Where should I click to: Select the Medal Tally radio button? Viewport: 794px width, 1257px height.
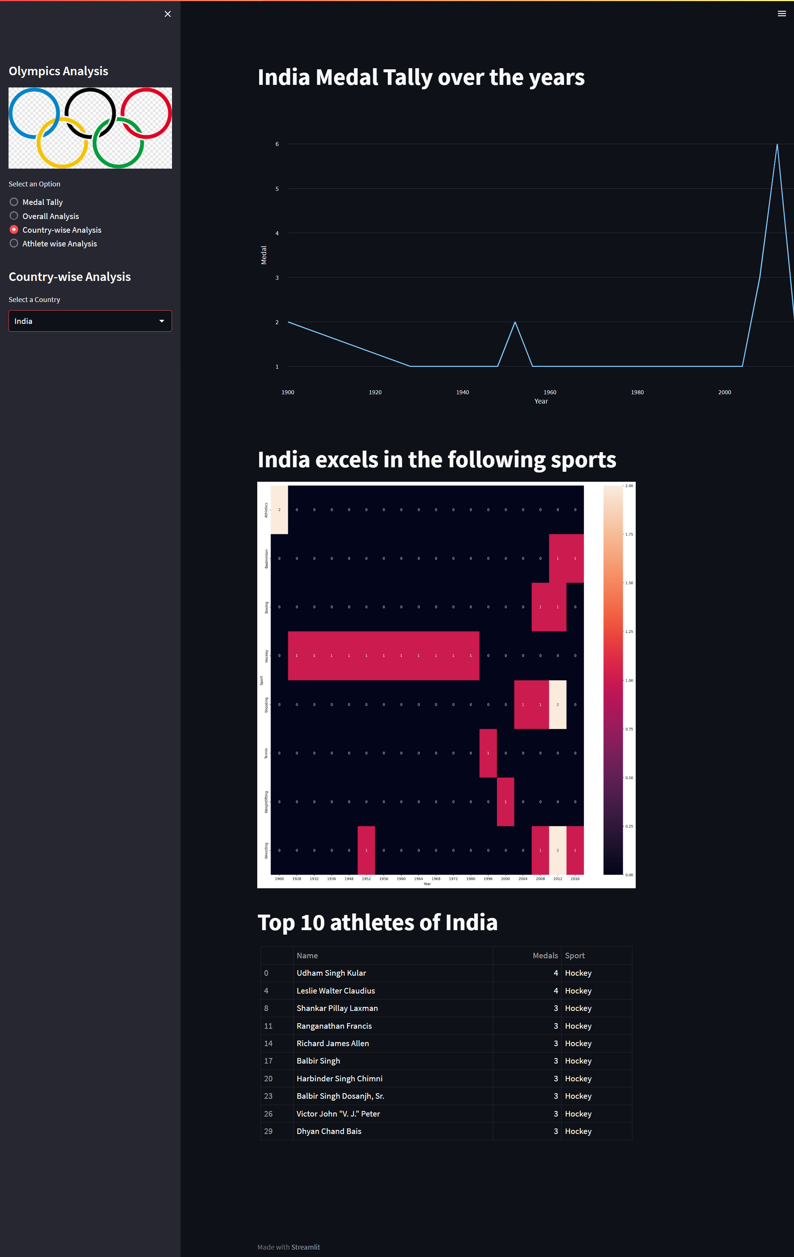pos(14,202)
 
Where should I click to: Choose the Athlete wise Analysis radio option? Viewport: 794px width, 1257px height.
pos(14,243)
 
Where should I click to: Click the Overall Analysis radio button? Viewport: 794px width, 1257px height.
pos(14,216)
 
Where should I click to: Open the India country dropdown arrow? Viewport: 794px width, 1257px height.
pos(162,321)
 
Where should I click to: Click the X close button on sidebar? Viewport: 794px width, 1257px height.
pos(168,14)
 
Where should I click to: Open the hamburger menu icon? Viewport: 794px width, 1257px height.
pos(781,14)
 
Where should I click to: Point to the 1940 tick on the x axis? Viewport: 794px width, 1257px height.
pos(463,392)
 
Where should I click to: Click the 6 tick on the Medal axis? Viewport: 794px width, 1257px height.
pos(277,144)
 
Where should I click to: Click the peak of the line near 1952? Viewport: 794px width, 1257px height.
pos(515,323)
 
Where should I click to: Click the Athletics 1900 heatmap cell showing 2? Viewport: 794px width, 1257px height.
pos(279,510)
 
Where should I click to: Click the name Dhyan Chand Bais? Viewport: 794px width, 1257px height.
pos(329,1131)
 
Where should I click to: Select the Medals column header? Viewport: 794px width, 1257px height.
pos(545,955)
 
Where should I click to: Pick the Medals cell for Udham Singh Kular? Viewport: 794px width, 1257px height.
pos(555,973)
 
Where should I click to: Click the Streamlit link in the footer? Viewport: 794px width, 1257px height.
pos(305,1247)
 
